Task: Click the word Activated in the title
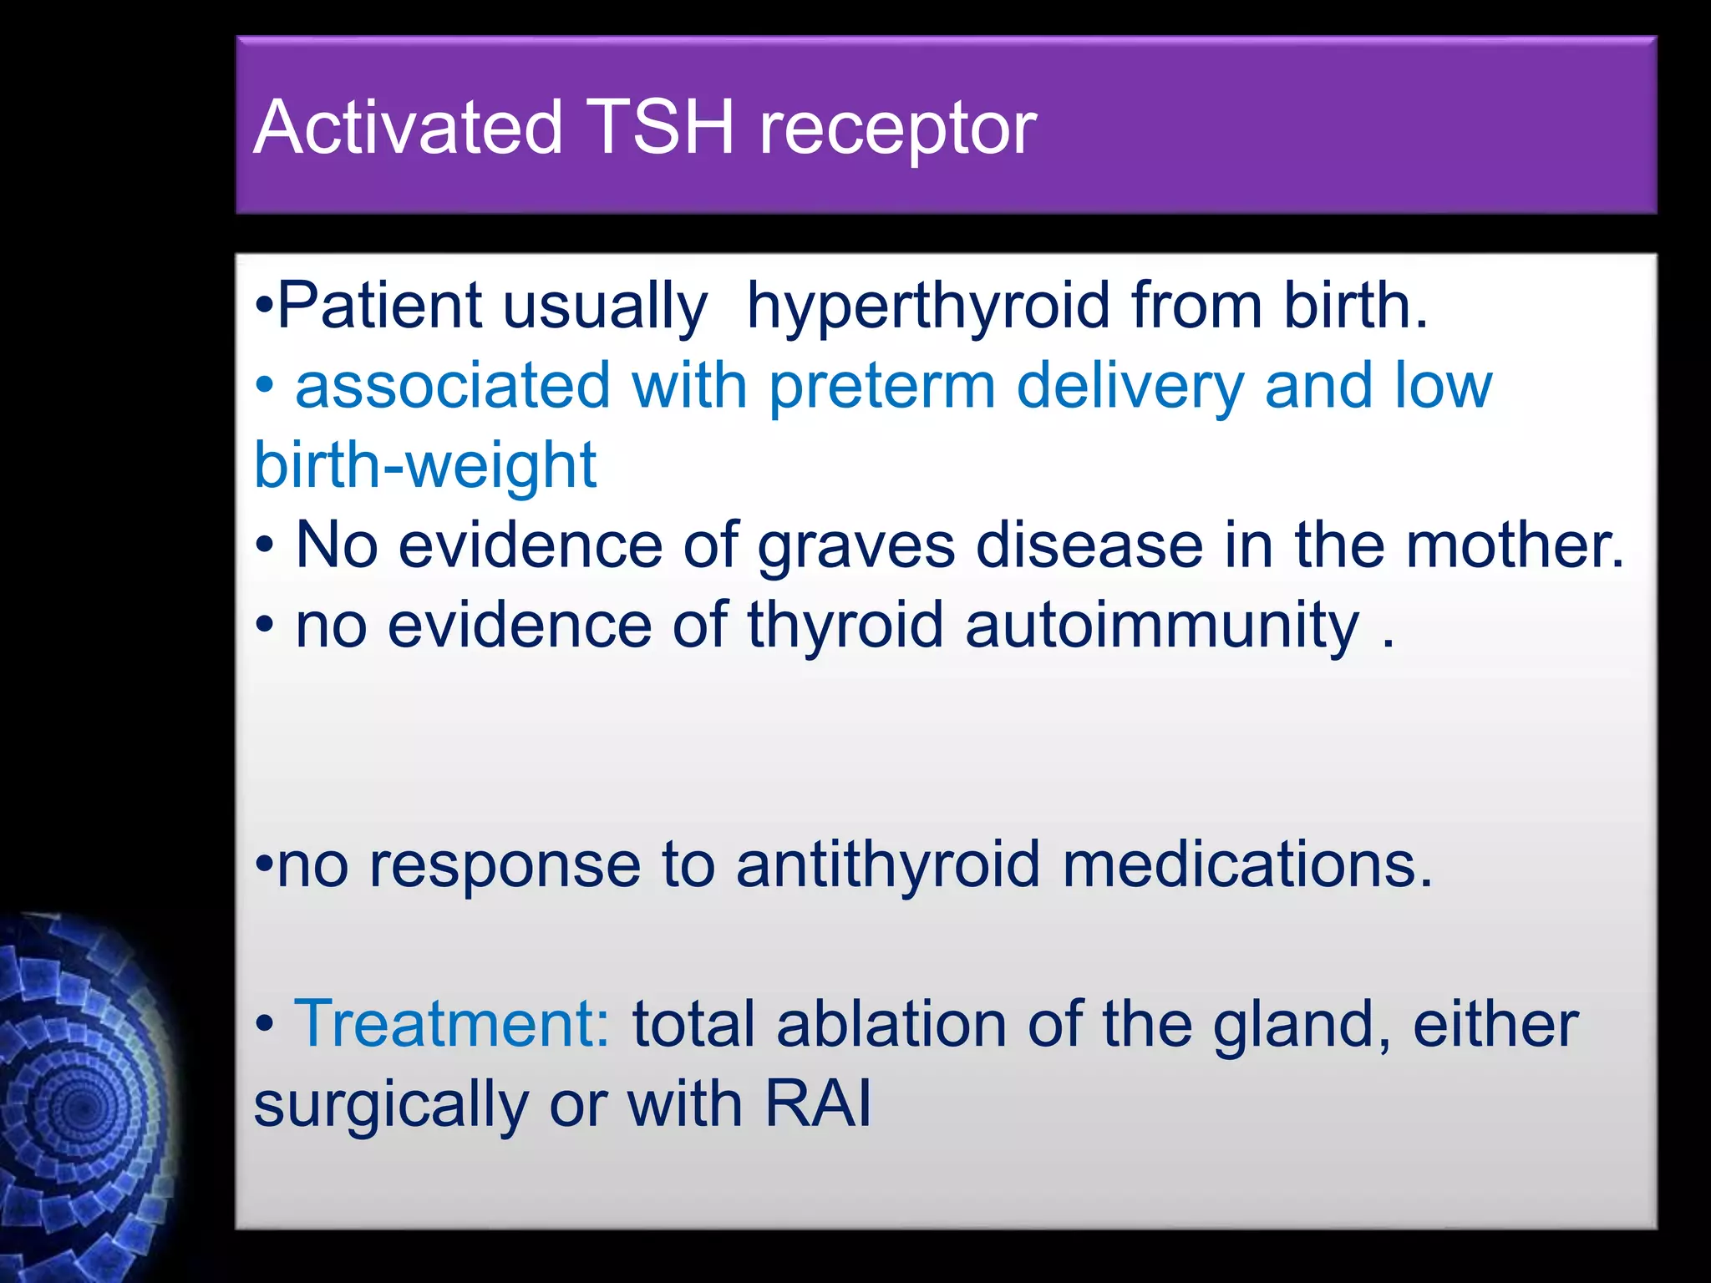408,129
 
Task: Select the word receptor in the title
897,132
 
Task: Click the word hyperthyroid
927,307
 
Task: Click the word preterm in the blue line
881,388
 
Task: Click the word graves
855,548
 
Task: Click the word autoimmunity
1162,626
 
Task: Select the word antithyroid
888,865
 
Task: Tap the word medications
1247,865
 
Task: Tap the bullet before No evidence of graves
265,547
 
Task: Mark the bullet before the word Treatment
265,1025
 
